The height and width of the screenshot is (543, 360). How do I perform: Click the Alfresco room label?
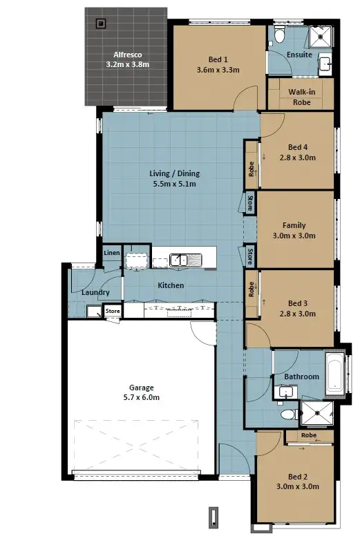tap(127, 54)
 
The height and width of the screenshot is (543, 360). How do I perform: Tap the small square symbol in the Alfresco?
tap(102, 23)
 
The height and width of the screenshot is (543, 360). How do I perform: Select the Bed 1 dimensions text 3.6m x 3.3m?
tap(218, 70)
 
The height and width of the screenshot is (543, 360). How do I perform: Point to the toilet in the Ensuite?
tap(279, 35)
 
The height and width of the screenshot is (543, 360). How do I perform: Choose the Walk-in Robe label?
tap(301, 96)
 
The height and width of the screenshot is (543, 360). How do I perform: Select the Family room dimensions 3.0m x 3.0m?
tap(294, 236)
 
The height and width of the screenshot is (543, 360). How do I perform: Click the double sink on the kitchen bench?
tap(185, 260)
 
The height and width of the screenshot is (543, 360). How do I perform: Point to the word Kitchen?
tap(170, 285)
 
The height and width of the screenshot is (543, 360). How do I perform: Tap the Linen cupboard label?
tap(112, 254)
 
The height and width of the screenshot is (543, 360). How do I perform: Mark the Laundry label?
tap(95, 292)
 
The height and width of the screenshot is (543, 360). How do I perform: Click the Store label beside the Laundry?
tap(113, 312)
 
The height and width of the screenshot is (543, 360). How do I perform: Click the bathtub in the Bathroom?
tap(334, 377)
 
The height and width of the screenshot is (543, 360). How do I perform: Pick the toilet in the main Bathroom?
tap(287, 415)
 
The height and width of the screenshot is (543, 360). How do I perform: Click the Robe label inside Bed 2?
tap(308, 435)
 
